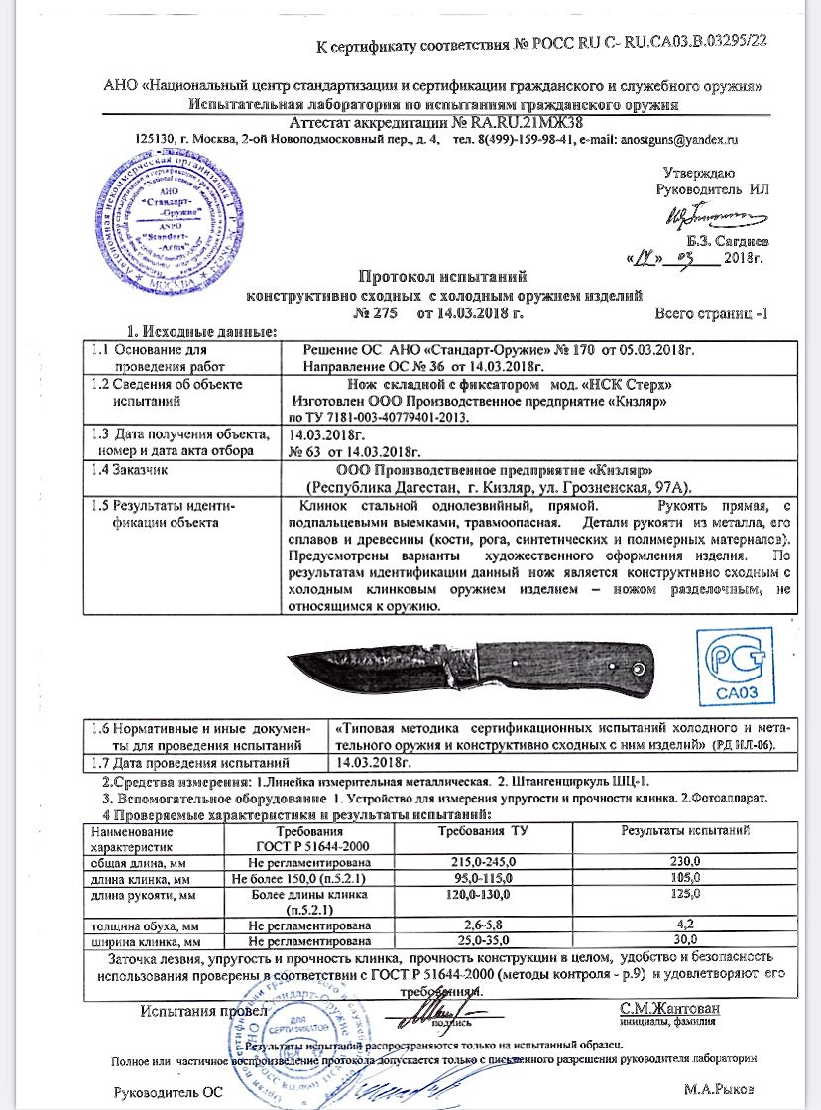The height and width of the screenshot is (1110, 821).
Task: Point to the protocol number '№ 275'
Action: click(375, 314)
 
